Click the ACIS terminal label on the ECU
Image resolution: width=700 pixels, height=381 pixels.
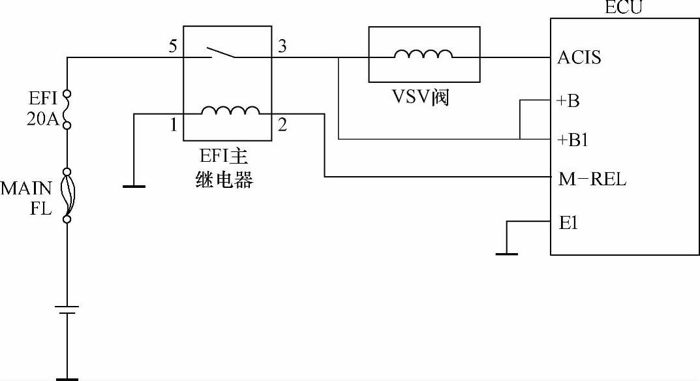click(x=579, y=58)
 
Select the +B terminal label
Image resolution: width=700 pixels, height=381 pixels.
click(x=568, y=101)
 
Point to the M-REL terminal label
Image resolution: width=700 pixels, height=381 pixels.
click(x=592, y=179)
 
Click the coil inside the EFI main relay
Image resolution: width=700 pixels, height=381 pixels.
click(x=230, y=112)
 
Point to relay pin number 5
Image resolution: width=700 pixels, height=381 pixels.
click(x=172, y=46)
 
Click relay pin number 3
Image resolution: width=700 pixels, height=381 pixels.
click(x=282, y=46)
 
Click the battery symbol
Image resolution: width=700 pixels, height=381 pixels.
click(x=67, y=310)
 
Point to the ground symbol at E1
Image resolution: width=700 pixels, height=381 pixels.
click(x=506, y=253)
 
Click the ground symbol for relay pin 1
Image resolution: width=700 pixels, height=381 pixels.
click(x=134, y=187)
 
